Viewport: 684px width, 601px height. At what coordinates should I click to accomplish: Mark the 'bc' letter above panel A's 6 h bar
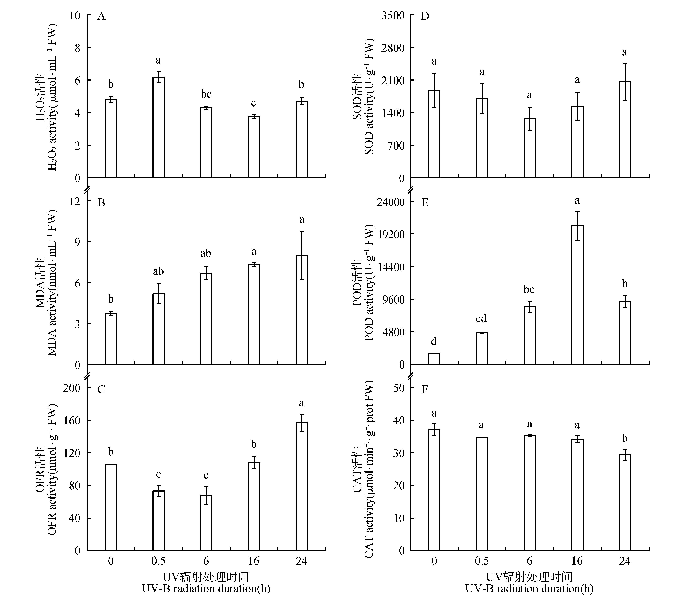tap(206, 94)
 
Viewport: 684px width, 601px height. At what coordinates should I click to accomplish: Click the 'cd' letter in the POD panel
tap(481, 318)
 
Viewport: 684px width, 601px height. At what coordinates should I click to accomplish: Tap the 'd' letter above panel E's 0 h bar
tap(434, 342)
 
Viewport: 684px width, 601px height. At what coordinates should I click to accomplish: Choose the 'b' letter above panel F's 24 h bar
tap(625, 438)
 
